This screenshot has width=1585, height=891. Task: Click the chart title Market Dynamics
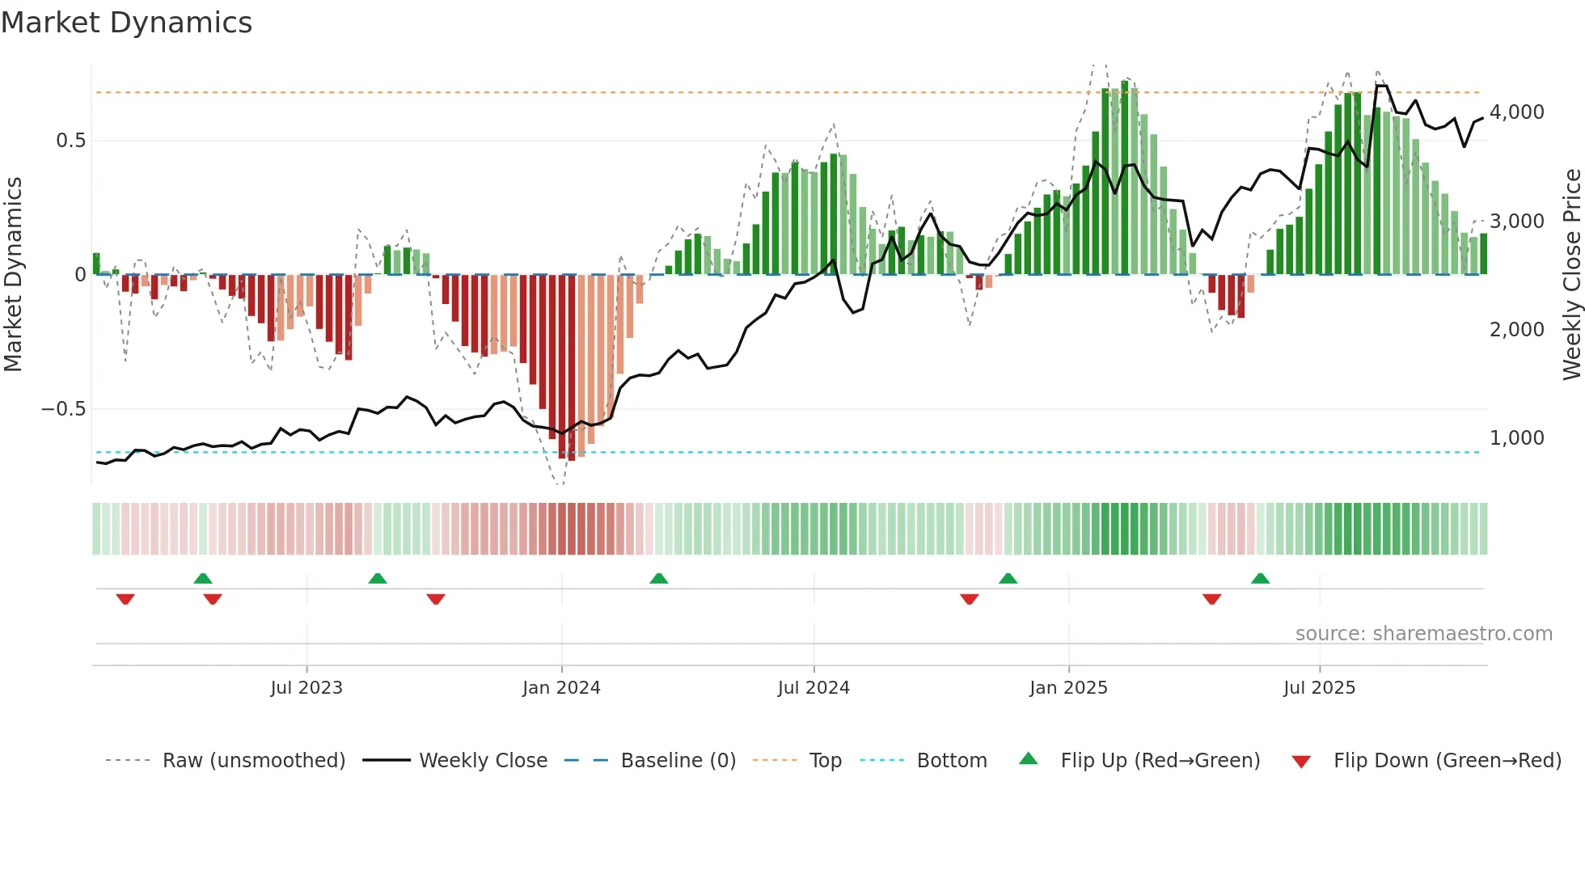(127, 23)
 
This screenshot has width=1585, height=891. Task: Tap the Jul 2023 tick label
(306, 688)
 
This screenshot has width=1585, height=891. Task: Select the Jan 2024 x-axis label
(561, 688)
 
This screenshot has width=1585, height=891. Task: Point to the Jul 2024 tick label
(814, 688)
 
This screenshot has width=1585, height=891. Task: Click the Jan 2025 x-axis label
(1068, 688)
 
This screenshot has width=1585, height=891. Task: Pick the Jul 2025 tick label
(1319, 688)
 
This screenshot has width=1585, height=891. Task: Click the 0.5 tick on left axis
(70, 141)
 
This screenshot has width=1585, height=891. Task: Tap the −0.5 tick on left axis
(64, 409)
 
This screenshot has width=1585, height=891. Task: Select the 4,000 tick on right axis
(1516, 112)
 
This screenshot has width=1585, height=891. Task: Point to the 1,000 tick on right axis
(1516, 438)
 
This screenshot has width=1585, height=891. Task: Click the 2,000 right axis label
(1516, 330)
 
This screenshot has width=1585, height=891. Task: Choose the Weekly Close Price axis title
(1571, 274)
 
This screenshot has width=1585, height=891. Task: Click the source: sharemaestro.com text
(1423, 634)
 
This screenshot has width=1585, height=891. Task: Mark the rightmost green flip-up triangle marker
(1260, 579)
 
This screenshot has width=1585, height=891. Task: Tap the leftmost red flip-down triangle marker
(125, 599)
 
